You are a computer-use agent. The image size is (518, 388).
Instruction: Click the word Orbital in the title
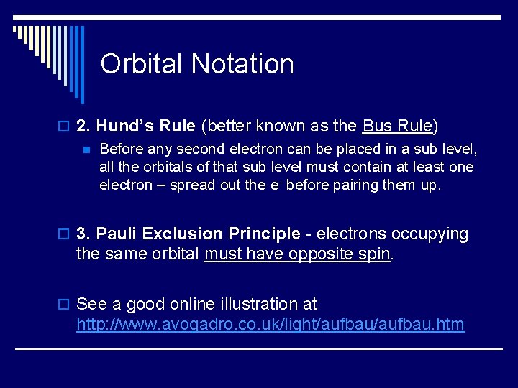click(142, 64)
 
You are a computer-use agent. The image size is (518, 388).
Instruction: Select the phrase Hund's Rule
click(145, 126)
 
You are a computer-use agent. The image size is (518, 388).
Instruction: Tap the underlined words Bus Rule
click(396, 126)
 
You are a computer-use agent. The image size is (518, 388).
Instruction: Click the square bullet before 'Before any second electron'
click(85, 150)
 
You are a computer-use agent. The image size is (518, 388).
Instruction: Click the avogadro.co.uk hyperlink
click(271, 325)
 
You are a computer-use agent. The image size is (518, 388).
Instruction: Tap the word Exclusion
click(182, 234)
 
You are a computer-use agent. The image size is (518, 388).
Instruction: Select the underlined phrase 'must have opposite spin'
click(297, 254)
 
